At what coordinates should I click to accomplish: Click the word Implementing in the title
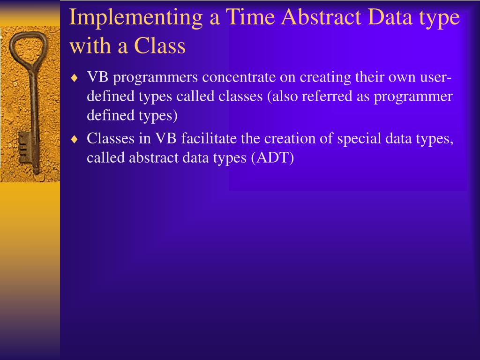coord(136,18)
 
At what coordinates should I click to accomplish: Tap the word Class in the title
coord(160,46)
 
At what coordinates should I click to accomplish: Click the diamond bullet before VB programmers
coord(75,78)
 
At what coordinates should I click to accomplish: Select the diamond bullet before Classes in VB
coord(75,139)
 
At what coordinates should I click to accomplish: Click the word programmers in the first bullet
coord(156,78)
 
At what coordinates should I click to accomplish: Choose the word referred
coord(327,96)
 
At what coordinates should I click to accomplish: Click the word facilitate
coord(209,138)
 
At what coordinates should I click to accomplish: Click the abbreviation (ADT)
coord(272,158)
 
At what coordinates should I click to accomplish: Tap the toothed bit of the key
coord(23,148)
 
